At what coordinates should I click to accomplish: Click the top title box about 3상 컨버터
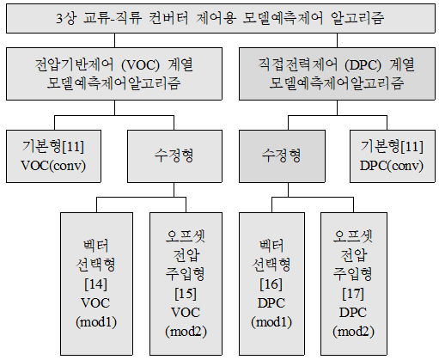221,18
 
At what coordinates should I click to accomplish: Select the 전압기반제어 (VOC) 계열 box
114,74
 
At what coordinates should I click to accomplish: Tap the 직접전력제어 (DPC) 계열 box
337,74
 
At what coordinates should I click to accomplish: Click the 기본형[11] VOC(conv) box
53,156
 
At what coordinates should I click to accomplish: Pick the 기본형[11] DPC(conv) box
393,156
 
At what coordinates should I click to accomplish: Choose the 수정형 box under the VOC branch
174,156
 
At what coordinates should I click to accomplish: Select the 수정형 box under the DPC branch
282,156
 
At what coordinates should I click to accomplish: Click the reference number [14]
96,284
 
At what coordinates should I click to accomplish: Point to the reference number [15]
186,294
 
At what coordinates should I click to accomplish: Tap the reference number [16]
271,284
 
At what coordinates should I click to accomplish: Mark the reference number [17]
353,294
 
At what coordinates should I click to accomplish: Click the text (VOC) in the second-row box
140,65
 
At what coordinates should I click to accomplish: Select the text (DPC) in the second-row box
363,65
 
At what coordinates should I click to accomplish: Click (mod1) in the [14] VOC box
96,322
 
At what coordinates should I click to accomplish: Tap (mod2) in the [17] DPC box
353,332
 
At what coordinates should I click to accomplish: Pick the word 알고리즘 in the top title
357,18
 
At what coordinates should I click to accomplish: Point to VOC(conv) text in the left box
53,166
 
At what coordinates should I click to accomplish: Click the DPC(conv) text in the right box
392,166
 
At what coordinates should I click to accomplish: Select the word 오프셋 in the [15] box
186,236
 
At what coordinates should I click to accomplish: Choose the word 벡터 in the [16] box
271,246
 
